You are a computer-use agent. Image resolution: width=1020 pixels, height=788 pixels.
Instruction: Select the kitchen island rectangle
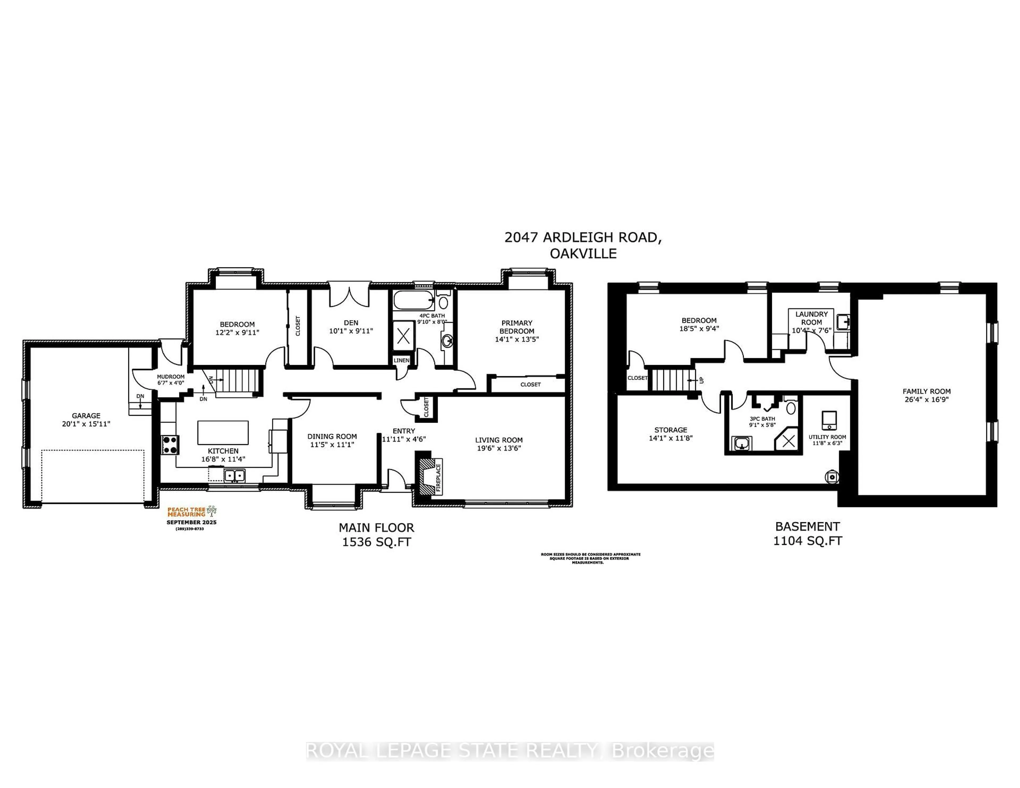[223, 432]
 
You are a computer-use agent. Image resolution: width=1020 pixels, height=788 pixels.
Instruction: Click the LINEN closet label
[401, 360]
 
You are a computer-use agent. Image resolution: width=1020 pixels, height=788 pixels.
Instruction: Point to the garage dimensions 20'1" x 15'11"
[86, 424]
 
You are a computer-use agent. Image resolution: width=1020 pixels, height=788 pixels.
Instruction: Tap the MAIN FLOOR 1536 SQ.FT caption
[376, 534]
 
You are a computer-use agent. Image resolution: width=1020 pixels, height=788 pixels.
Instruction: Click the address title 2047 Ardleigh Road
[583, 238]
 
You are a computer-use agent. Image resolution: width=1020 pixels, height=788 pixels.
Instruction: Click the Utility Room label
[827, 437]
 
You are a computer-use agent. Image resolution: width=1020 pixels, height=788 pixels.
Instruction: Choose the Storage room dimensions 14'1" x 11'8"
[671, 438]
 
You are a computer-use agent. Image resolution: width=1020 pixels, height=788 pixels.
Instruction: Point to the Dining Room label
[332, 436]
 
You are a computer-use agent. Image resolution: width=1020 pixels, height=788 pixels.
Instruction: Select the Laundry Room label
[811, 318]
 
